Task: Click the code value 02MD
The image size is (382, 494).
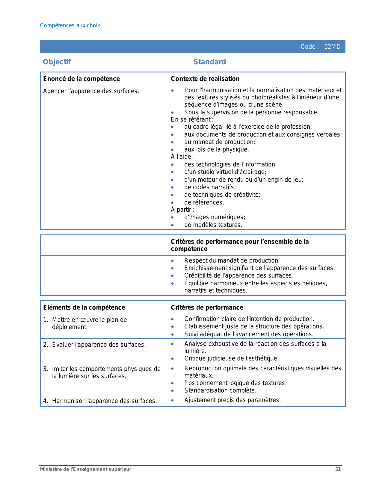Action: point(332,47)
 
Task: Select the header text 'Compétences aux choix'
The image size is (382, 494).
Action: point(70,25)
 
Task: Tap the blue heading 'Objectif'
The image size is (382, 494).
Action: point(57,62)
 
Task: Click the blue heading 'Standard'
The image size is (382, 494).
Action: point(210,62)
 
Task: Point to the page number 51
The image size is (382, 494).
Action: point(338,469)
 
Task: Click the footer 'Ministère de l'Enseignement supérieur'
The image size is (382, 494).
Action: point(86,469)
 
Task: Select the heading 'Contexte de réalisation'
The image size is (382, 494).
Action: point(205,79)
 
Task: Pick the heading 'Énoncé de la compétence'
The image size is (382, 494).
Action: point(81,79)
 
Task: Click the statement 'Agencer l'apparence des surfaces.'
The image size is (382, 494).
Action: point(91,91)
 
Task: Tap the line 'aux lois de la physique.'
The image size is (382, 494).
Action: point(216,149)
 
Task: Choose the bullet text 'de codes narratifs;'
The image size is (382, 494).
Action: point(210,187)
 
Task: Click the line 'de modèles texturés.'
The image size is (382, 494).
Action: point(213,225)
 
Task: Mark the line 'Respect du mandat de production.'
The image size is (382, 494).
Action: point(232,260)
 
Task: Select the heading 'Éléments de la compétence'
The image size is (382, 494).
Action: point(84,307)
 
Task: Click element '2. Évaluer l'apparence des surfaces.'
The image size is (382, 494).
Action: point(94,345)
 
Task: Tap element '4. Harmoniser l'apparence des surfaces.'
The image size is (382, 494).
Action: point(100,401)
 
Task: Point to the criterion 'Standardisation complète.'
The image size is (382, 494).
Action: point(220,390)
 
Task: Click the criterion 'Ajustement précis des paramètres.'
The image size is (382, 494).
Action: point(232,400)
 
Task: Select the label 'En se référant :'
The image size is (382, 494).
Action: point(192,119)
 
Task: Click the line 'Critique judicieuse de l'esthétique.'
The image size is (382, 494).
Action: point(231,358)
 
